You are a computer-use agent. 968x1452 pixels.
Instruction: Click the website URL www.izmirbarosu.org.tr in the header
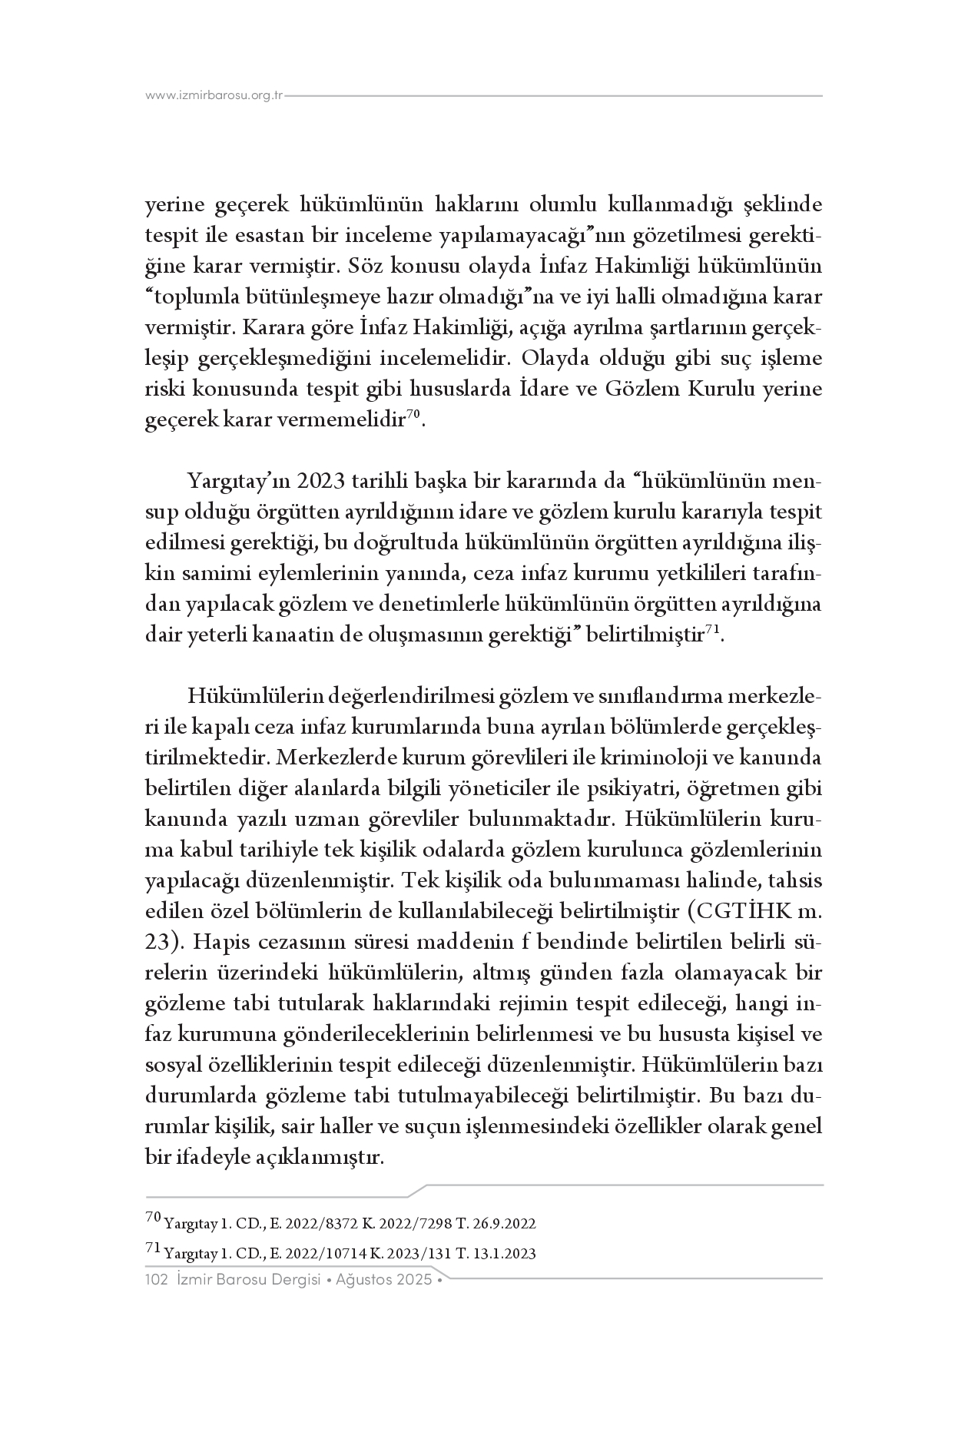coord(214,96)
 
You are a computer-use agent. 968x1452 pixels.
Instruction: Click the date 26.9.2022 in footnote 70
coord(506,1224)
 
